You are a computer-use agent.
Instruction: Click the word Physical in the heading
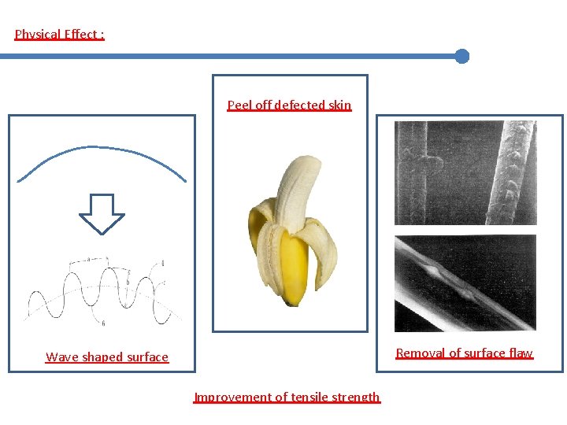38,35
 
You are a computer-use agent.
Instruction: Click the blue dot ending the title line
462,56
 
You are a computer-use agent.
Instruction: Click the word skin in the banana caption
339,105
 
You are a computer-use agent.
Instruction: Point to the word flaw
521,353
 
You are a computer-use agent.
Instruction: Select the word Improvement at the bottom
229,397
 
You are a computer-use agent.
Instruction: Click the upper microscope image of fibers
465,173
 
